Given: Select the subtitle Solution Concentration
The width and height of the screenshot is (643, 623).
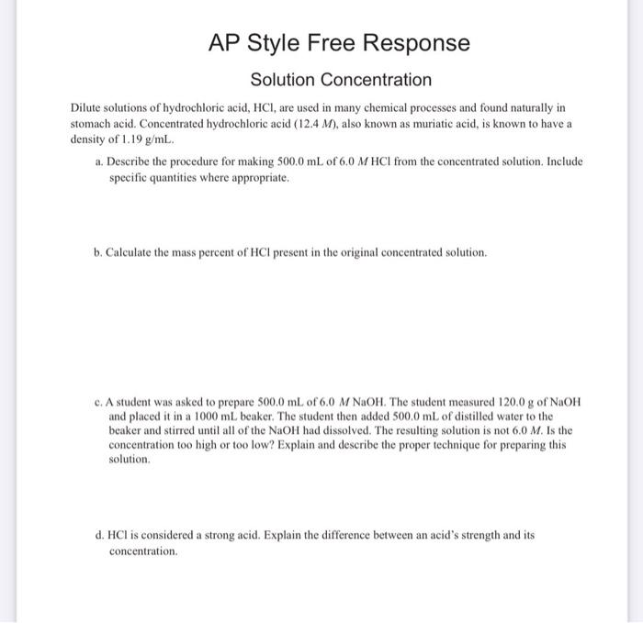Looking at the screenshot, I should pos(341,81).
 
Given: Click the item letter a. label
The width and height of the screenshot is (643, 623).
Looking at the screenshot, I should pos(99,161).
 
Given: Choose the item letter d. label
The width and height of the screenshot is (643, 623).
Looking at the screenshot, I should pos(99,533).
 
